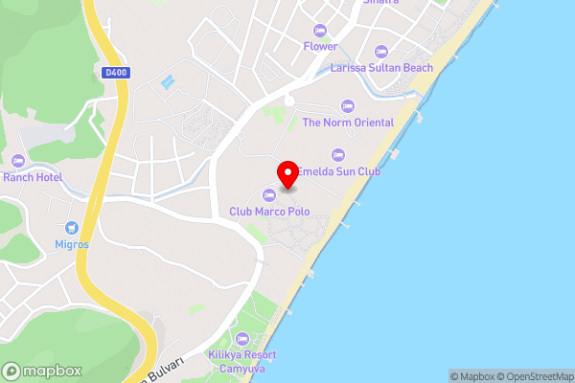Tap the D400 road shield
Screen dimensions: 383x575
pyautogui.click(x=116, y=71)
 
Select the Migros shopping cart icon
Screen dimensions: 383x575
pyautogui.click(x=72, y=228)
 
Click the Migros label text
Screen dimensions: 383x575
pyautogui.click(x=72, y=244)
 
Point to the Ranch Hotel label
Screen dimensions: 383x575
pyautogui.click(x=33, y=177)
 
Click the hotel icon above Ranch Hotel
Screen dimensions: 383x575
pyautogui.click(x=18, y=161)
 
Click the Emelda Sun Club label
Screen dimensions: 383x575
pyautogui.click(x=338, y=171)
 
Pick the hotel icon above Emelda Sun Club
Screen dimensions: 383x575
pyautogui.click(x=337, y=155)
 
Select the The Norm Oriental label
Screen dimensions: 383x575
pyautogui.click(x=348, y=123)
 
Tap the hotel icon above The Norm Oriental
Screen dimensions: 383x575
pyautogui.click(x=347, y=106)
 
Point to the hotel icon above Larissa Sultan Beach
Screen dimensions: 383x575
pyautogui.click(x=380, y=52)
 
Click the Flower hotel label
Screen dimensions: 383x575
pyautogui.click(x=321, y=46)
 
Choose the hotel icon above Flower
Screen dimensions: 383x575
pyautogui.click(x=320, y=30)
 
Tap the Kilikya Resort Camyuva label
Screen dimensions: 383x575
pyautogui.click(x=241, y=360)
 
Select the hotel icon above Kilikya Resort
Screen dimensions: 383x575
pyautogui.click(x=241, y=338)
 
